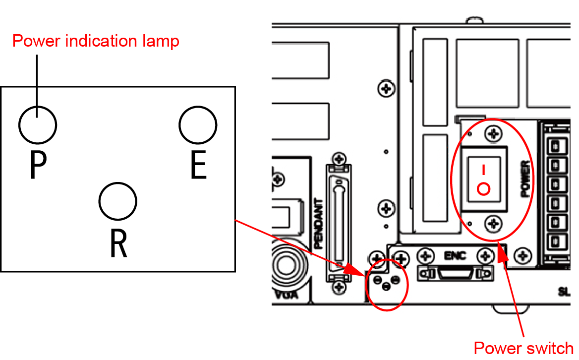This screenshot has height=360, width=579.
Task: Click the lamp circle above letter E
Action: [198, 124]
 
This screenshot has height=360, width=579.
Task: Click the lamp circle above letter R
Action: [117, 201]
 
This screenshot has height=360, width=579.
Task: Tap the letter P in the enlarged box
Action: [38, 165]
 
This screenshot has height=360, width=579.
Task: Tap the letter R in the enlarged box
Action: [118, 243]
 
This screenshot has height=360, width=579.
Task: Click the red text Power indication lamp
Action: [96, 41]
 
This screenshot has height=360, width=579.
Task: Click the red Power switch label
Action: [523, 348]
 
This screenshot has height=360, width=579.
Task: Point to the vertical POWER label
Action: [526, 179]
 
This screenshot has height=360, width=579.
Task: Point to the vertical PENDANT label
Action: [319, 224]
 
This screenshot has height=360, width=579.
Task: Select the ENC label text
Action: [455, 256]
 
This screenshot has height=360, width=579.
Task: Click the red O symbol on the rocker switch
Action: [483, 189]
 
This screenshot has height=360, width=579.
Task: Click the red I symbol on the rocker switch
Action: [483, 170]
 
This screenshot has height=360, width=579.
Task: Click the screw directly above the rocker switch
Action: [492, 133]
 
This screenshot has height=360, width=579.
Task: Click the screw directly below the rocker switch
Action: [492, 223]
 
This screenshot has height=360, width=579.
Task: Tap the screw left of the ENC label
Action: [425, 256]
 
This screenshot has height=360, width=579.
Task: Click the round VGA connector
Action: [286, 265]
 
